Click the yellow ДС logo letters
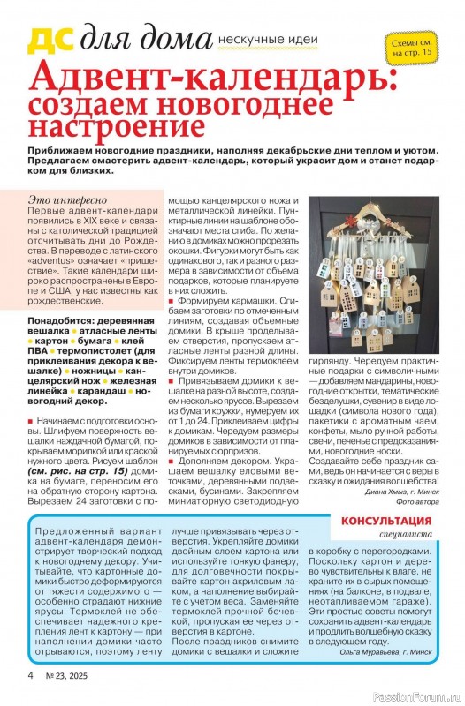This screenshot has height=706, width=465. tap(52, 41)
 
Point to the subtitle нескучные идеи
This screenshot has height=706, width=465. tap(264, 41)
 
